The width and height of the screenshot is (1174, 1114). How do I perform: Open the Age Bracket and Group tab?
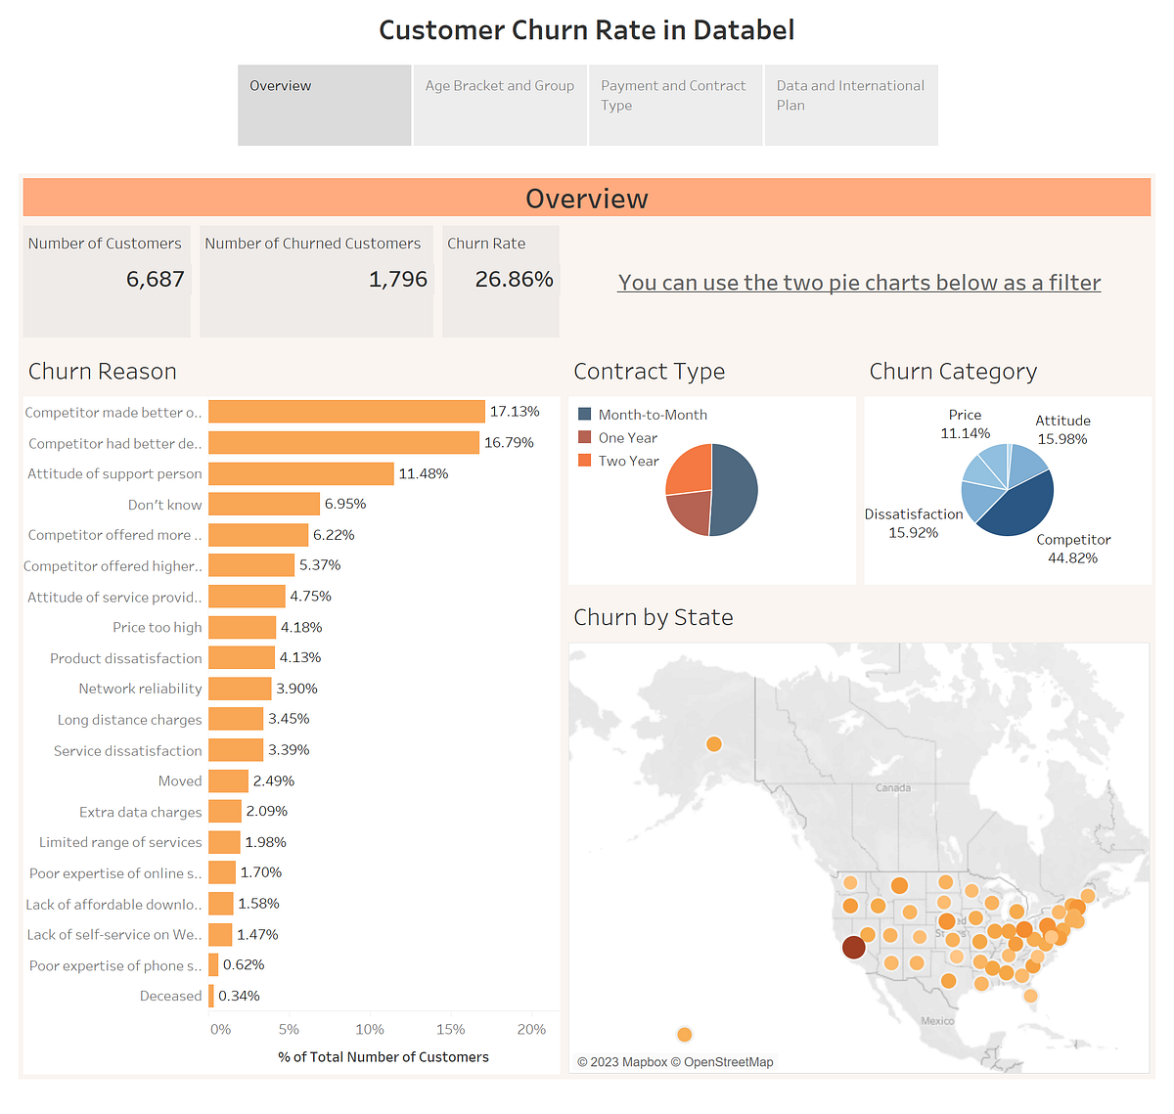(x=500, y=86)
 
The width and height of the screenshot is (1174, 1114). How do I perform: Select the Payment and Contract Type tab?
(x=674, y=96)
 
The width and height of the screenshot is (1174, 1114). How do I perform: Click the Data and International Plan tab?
(x=850, y=96)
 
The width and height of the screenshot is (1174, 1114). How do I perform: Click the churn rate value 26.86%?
(x=514, y=280)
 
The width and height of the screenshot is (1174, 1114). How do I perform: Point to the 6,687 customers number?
(x=155, y=280)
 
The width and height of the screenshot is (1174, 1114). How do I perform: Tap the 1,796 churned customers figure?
(x=397, y=280)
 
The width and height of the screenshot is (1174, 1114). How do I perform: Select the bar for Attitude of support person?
(x=300, y=473)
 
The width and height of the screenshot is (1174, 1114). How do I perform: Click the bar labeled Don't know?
(x=263, y=504)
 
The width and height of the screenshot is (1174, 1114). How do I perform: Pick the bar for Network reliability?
(x=239, y=689)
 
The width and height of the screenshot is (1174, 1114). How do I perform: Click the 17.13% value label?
(x=515, y=412)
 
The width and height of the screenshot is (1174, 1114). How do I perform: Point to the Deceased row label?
(x=170, y=996)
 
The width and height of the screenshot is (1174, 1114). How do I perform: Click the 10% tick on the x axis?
(x=369, y=1029)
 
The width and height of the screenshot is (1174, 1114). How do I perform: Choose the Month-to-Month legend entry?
(x=653, y=415)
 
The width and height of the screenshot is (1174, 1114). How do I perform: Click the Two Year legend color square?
(x=585, y=461)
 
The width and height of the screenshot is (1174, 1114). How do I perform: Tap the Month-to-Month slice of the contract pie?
(x=736, y=489)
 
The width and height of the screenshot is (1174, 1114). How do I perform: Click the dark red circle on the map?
(x=853, y=947)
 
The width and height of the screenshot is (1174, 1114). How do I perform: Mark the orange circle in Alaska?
(x=714, y=744)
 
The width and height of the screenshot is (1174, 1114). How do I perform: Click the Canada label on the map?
(x=892, y=787)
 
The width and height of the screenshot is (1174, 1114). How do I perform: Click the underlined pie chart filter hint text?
(x=859, y=283)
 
